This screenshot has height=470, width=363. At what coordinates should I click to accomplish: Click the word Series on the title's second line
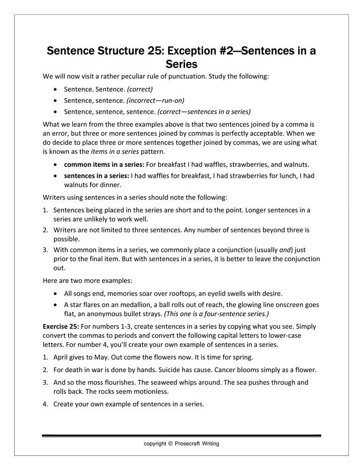(181, 64)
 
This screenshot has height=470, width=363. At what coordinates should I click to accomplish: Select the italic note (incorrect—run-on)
(156, 100)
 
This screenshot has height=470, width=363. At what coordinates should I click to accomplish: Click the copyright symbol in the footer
(170, 443)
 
